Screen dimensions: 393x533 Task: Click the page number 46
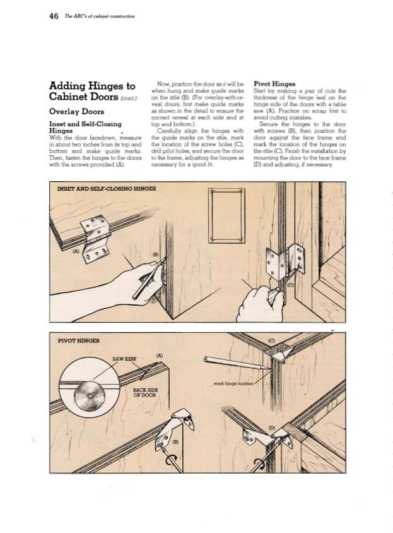tap(54, 16)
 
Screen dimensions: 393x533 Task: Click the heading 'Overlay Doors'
tap(76, 112)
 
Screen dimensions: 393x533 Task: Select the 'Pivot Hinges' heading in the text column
tap(274, 83)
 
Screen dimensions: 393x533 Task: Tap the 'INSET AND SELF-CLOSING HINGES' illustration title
tap(107, 188)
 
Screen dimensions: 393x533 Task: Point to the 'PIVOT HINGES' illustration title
tap(79, 340)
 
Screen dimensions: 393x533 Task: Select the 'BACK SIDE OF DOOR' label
tap(145, 393)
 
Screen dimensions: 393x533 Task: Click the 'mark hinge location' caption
tap(233, 383)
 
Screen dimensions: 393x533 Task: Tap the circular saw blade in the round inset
tap(90, 397)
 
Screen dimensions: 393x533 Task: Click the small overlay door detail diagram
tap(226, 215)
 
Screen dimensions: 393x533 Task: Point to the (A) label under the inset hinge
tap(76, 251)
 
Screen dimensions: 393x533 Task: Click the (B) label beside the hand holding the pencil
tap(156, 255)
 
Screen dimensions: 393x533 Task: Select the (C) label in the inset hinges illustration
tap(290, 285)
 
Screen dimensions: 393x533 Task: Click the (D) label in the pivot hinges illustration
tap(272, 428)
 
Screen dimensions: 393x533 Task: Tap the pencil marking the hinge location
tap(235, 362)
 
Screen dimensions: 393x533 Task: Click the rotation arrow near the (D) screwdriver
tap(259, 464)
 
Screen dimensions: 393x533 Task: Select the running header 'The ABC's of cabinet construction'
tap(99, 16)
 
